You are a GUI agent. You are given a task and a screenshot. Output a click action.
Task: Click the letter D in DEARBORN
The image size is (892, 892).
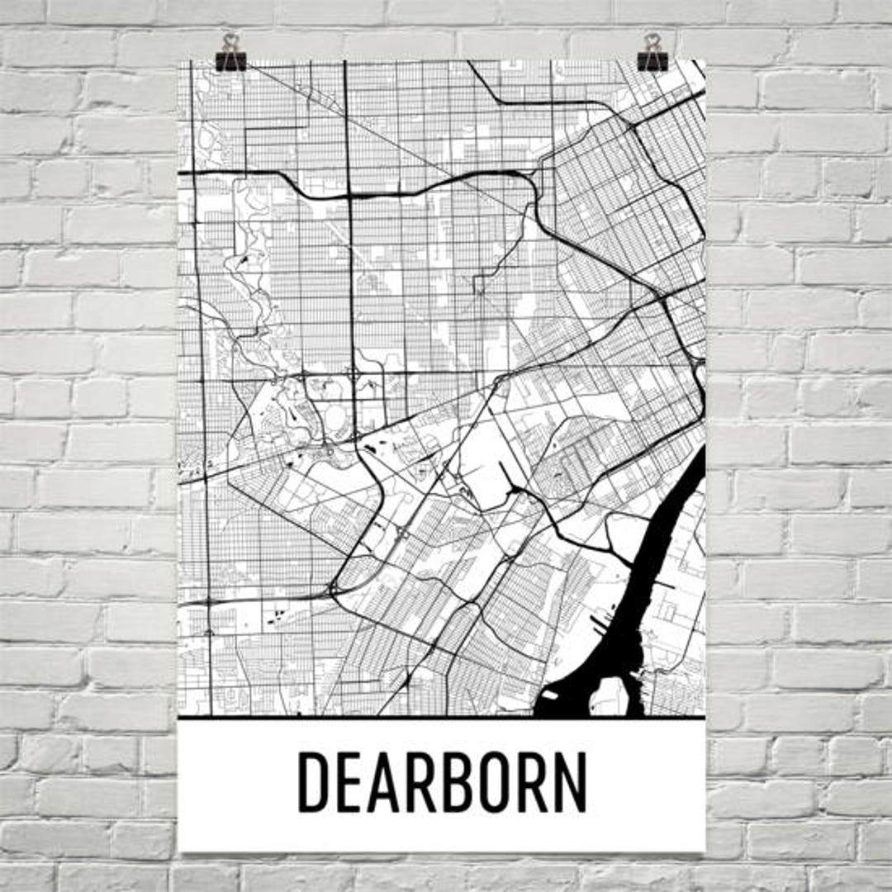tap(313, 781)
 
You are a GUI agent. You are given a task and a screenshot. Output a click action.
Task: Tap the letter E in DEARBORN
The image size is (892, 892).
tap(351, 781)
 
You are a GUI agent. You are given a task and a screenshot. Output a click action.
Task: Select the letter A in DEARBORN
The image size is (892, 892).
tap(387, 781)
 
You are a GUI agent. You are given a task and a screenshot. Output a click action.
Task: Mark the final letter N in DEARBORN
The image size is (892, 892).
tap(572, 781)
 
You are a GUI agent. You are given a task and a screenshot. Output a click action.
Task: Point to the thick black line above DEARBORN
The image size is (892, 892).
tap(442, 718)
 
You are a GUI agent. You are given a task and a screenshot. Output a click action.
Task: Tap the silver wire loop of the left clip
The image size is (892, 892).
tap(230, 41)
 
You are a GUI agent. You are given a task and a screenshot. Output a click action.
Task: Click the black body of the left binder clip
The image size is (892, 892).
tap(230, 60)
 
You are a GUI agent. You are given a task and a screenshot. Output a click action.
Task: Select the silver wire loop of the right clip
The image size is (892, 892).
tap(653, 41)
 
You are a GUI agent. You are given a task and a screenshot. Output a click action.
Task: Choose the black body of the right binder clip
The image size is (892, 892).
tap(653, 60)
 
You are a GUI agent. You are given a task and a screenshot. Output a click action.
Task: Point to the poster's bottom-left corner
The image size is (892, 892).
tap(178, 851)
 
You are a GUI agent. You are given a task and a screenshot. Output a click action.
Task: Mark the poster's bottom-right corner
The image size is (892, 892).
tap(705, 851)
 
